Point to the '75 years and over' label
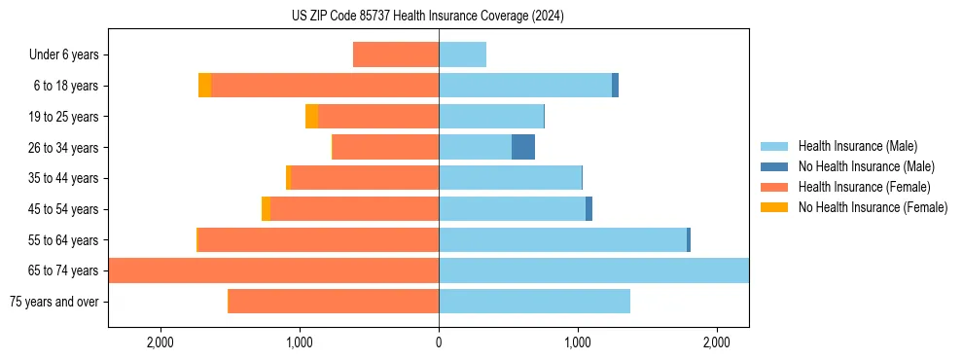click(53, 302)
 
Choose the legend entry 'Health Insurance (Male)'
click(857, 146)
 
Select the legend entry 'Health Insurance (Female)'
click(864, 187)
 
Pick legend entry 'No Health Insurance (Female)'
click(873, 207)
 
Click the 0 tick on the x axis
click(439, 342)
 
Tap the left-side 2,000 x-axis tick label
click(160, 342)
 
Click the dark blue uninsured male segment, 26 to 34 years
click(523, 147)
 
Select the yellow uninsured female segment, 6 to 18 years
click(204, 86)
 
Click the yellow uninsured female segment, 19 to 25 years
click(311, 117)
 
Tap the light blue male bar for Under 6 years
click(462, 54)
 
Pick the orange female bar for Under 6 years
click(396, 54)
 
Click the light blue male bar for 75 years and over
click(534, 302)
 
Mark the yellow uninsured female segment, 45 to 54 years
click(266, 209)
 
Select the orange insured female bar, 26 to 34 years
click(386, 147)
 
